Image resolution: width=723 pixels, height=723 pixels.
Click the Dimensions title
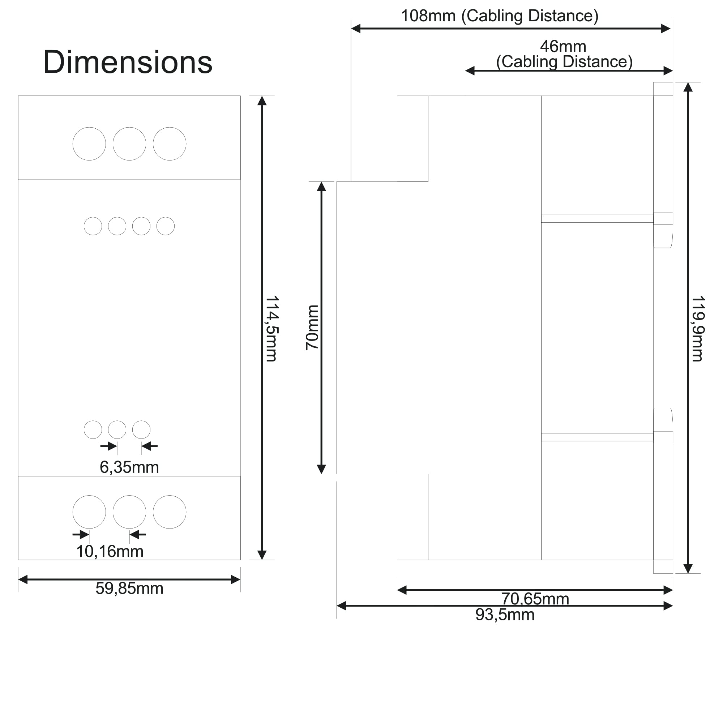point(128,62)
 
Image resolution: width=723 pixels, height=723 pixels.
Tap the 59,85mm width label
point(129,588)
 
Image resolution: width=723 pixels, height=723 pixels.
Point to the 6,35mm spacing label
point(129,467)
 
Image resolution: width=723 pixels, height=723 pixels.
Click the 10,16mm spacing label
point(110,551)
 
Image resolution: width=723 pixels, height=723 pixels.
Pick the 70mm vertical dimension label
point(312,328)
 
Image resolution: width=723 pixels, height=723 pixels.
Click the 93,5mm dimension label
point(505,615)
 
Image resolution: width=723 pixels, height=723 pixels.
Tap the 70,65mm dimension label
point(535,599)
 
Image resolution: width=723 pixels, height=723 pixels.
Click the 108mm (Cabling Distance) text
point(500,16)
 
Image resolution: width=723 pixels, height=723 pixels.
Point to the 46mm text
point(563,46)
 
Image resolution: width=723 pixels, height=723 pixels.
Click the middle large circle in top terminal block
point(129,144)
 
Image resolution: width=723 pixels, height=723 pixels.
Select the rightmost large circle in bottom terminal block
point(170,512)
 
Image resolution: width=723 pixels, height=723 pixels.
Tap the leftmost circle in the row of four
point(93,226)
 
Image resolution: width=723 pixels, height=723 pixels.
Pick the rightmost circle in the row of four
point(166,226)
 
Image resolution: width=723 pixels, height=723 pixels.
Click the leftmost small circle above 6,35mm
point(93,429)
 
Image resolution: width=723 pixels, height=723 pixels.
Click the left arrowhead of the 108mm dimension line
point(355,29)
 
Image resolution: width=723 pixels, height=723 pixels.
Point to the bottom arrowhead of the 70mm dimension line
point(321,469)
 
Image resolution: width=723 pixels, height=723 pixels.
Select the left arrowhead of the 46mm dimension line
point(470,70)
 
